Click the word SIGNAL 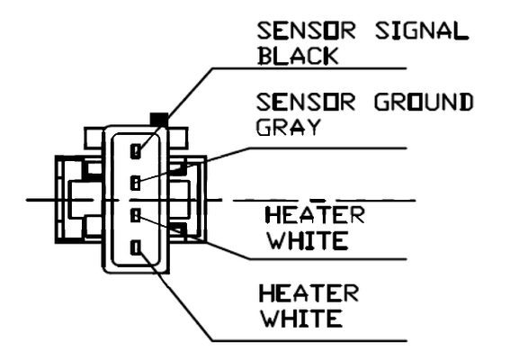tap(422, 31)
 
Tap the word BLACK tap(298, 56)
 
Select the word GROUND tap(424, 102)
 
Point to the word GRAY tap(289, 127)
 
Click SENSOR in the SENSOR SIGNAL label tap(306, 31)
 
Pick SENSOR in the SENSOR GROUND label tap(306, 102)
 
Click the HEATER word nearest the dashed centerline tap(315, 215)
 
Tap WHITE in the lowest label tap(302, 318)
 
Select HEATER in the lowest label tap(309, 292)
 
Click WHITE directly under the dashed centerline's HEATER tap(308, 240)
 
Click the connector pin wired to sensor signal tap(136, 151)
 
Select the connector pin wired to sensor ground tap(135, 183)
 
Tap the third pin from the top tap(135, 215)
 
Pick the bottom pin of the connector tap(136, 247)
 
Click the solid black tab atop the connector tap(159, 119)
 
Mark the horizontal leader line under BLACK tap(309, 68)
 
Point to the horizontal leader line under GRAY tap(327, 148)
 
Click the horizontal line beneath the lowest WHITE tap(309, 341)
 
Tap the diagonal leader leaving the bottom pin tap(175, 294)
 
